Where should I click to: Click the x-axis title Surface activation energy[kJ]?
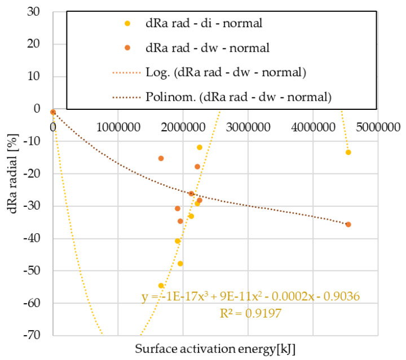215,348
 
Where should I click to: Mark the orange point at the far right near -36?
348,224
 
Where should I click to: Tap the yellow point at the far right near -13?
348,152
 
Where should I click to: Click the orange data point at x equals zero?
53,112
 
